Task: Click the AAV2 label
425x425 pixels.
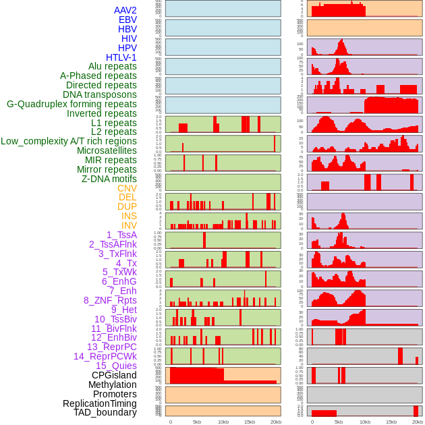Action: (125, 10)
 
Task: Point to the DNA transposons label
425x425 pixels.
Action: (100, 94)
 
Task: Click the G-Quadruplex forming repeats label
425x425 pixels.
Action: (72, 104)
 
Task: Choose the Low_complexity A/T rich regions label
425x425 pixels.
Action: (69, 141)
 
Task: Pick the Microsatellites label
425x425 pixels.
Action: (107, 150)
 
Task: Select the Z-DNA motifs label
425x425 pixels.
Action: (109, 179)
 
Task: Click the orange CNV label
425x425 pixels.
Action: (127, 188)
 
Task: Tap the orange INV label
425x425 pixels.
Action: (129, 225)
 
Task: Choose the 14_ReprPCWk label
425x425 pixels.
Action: (105, 356)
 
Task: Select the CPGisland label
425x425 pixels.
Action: (114, 375)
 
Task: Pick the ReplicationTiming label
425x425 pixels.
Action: (99, 403)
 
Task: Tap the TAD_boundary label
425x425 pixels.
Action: (105, 412)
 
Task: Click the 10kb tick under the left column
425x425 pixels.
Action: (223, 422)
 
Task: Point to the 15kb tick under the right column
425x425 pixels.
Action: (391, 422)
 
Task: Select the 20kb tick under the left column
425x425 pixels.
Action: (276, 422)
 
